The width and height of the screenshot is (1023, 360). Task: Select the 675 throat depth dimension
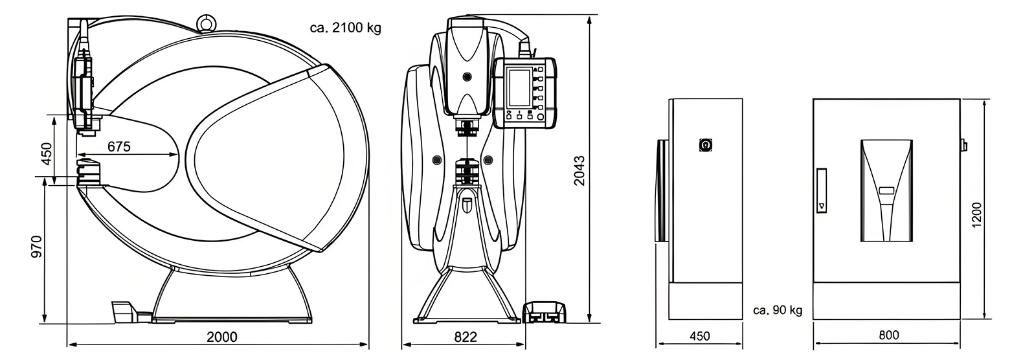[119, 147]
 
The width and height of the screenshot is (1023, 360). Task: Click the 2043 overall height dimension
[579, 170]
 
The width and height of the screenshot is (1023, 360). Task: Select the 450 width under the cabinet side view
[699, 336]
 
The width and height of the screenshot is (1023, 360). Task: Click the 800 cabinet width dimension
[889, 335]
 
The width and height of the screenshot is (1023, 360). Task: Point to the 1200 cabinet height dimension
[977, 214]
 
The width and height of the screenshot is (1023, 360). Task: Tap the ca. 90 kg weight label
[778, 310]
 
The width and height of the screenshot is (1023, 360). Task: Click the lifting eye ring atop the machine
[207, 22]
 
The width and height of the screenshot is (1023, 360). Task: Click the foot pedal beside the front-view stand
[544, 311]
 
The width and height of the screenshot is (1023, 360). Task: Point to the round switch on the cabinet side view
[705, 145]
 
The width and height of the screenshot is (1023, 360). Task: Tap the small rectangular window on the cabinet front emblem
[886, 191]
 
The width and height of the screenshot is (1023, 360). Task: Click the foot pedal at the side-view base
[123, 311]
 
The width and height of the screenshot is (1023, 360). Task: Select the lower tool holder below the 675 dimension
[88, 171]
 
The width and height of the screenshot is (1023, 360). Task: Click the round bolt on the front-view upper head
[466, 76]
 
